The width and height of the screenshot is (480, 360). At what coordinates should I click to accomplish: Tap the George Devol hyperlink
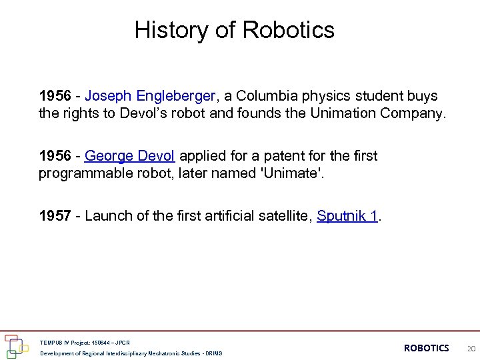[x=130, y=156]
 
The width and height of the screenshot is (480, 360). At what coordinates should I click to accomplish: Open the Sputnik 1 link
[x=347, y=216]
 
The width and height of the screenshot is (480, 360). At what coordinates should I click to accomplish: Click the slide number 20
[x=471, y=348]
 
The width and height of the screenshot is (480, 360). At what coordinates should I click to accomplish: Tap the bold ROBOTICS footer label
[x=427, y=348]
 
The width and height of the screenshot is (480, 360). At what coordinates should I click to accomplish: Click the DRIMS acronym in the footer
[x=214, y=353]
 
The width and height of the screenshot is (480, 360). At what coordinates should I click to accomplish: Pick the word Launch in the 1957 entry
[x=105, y=216]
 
